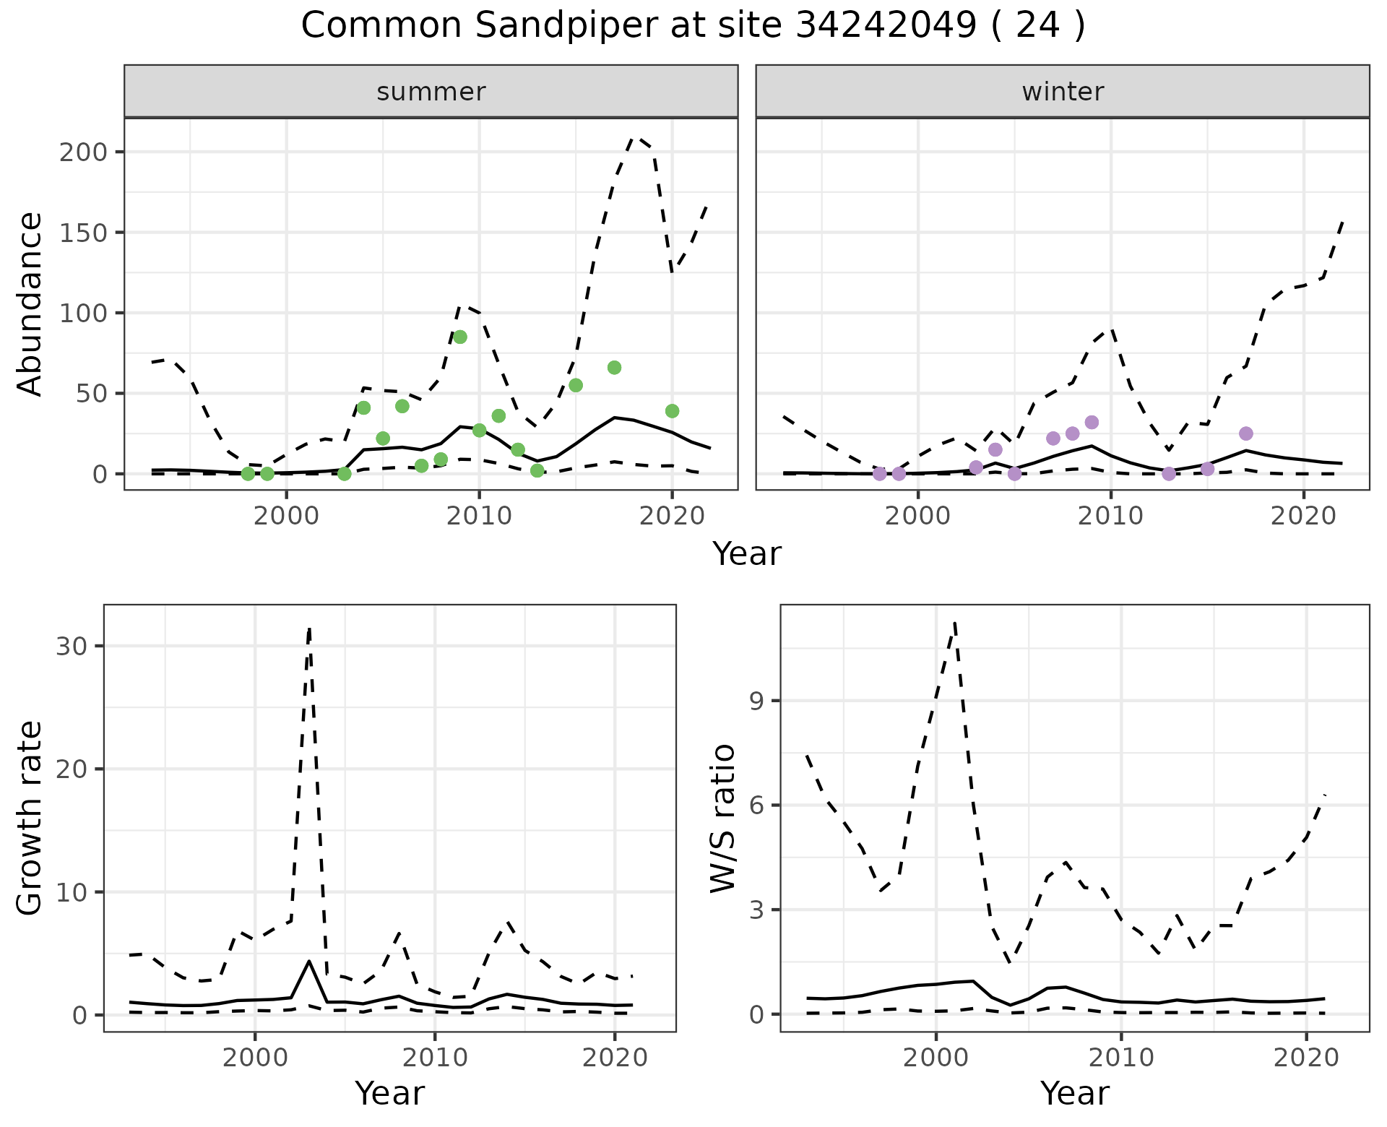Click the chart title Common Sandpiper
tap(693, 26)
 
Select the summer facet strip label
tap(431, 92)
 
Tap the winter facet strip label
tap(1062, 92)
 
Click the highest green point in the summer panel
tap(460, 337)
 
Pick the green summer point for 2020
tap(672, 411)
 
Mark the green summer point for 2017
tap(614, 368)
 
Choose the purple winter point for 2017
tap(1245, 433)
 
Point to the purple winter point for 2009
tap(1092, 422)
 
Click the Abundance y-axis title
tap(30, 303)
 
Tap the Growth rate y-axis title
tap(30, 818)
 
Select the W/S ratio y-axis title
tap(722, 818)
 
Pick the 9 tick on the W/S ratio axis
tap(756, 701)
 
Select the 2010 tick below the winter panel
tap(1110, 516)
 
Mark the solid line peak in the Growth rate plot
tap(309, 961)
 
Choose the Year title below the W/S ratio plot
tap(1074, 1093)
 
